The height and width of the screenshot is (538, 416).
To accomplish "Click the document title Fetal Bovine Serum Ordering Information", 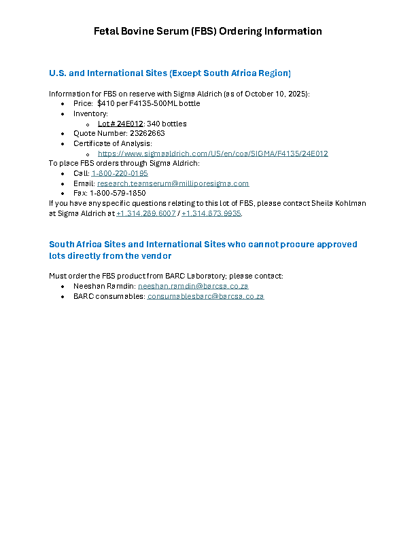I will click(207, 31).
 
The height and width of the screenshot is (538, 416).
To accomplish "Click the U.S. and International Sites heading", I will click(170, 73).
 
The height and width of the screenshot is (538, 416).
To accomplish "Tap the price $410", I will click(107, 103).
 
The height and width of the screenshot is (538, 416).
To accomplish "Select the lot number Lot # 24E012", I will click(120, 124).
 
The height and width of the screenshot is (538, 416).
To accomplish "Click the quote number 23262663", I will click(142, 133).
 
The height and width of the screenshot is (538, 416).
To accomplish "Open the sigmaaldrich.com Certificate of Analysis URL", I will click(213, 154).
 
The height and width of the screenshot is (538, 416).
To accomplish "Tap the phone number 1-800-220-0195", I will click(120, 173).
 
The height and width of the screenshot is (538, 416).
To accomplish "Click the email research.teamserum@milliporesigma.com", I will click(173, 183).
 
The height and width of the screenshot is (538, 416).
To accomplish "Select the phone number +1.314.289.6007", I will click(146, 213).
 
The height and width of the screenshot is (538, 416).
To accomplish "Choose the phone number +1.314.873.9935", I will click(211, 213).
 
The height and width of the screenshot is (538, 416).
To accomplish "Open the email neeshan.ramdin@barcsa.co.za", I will click(193, 287).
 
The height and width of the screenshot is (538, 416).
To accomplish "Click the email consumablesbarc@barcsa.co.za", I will click(205, 297).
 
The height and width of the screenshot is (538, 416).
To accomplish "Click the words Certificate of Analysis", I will click(112, 143).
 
